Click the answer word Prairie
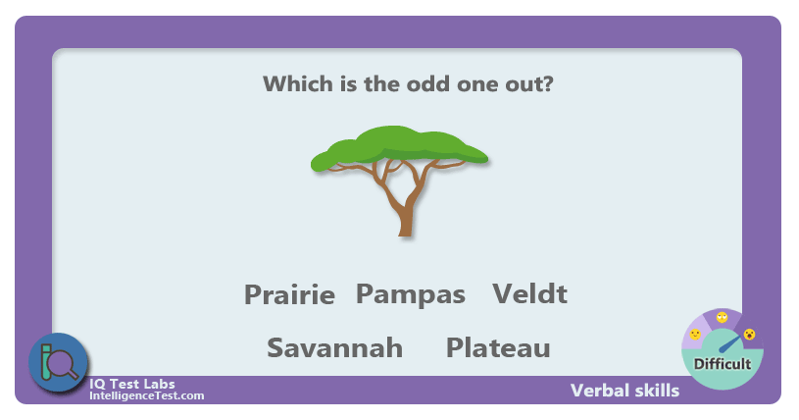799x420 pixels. coord(289,294)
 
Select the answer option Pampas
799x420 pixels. coord(411,294)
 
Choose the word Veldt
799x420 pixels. coord(530,293)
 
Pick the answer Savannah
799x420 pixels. coord(334,347)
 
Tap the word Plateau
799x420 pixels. coord(498,347)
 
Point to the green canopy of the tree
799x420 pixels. coord(399,147)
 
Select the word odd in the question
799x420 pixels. coord(428,83)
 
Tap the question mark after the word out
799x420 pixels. coord(548,83)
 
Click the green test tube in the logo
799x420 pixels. coord(46,362)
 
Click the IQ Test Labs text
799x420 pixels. coord(132,384)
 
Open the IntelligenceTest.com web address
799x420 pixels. coord(147,395)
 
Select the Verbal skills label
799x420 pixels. coord(624,391)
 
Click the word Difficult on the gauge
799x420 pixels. coord(723,364)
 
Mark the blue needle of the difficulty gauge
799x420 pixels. coord(729,343)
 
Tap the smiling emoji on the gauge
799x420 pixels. coord(695,335)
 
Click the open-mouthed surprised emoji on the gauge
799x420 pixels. coord(749,335)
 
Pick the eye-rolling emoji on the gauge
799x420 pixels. coord(723,317)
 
